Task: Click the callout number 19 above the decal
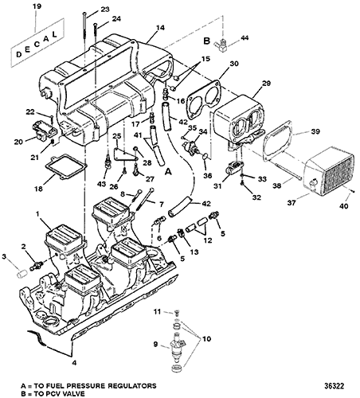point(37,6)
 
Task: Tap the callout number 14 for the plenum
point(160,28)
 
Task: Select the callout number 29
point(266,84)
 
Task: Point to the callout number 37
point(292,203)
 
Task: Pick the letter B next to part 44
point(206,41)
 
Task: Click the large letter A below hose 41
point(168,172)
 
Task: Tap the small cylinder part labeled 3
point(22,274)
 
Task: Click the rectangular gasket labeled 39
point(278,141)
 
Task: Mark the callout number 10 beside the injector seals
point(206,339)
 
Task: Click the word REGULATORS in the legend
point(131,385)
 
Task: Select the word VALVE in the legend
point(72,393)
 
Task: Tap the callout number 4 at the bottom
point(75,362)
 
